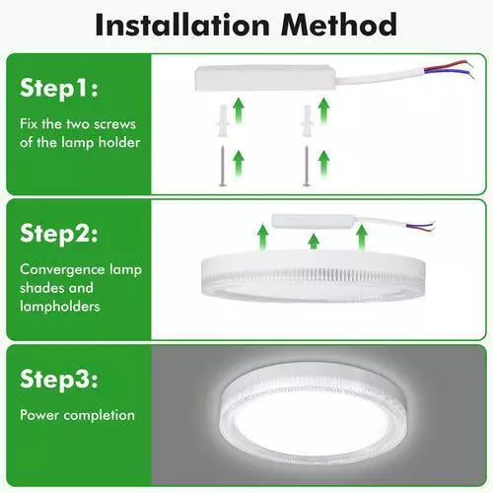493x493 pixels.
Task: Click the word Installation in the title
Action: pyautogui.click(x=182, y=25)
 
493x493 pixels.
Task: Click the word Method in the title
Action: pyautogui.click(x=339, y=25)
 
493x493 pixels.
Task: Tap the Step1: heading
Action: pyautogui.click(x=59, y=89)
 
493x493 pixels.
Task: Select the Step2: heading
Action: pyautogui.click(x=59, y=234)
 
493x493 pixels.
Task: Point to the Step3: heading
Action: pyautogui.click(x=59, y=380)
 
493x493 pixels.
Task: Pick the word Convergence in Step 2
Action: pyautogui.click(x=62, y=270)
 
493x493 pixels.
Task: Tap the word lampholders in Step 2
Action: pyautogui.click(x=60, y=307)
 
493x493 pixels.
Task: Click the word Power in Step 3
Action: pyautogui.click(x=39, y=415)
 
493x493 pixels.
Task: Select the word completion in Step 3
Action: pyautogui.click(x=100, y=416)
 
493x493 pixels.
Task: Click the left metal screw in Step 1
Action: pyautogui.click(x=223, y=167)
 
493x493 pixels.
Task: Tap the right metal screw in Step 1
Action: pyautogui.click(x=307, y=167)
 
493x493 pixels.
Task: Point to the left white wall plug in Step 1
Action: pyautogui.click(x=223, y=121)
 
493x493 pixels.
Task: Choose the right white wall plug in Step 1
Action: pyautogui.click(x=307, y=121)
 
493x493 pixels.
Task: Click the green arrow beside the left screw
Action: pyautogui.click(x=239, y=163)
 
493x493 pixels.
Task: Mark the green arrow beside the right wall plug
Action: pyautogui.click(x=324, y=110)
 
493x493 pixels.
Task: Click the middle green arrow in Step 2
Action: pyautogui.click(x=314, y=241)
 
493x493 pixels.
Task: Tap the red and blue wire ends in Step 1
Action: pyautogui.click(x=450, y=69)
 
